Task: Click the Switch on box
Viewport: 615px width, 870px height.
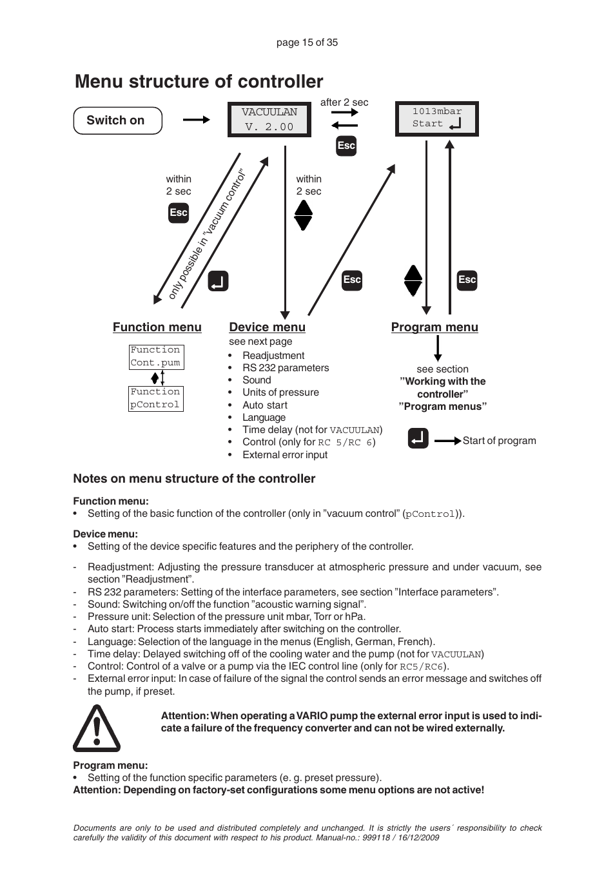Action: pos(117,121)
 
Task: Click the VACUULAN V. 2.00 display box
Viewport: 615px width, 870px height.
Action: pos(269,120)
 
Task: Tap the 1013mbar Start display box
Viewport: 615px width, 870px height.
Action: pos(436,119)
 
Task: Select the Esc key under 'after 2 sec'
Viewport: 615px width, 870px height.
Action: pos(346,146)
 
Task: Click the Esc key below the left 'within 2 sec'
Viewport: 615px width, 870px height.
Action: pos(179,213)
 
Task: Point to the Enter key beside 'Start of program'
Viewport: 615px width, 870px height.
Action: pos(418,439)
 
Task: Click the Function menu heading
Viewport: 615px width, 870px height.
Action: pos(157,327)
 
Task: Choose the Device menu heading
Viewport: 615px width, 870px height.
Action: pos(267,327)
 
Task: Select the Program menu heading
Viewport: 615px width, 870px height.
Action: pos(434,327)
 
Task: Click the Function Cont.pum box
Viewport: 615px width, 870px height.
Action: pos(156,357)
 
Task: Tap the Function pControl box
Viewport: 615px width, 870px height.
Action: pos(156,398)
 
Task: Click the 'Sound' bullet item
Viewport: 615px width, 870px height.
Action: pos(257,380)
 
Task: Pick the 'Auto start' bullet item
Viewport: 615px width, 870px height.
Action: pos(265,405)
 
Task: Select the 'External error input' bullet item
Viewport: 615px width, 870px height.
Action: pos(285,455)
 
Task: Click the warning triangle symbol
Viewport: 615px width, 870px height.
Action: pos(97,729)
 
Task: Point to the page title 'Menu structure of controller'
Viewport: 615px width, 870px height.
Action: pos(199,82)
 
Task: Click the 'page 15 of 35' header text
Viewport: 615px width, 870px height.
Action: pos(307,43)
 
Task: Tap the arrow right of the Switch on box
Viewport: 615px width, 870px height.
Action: pos(196,120)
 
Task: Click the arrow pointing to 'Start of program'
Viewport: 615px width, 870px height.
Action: pos(447,441)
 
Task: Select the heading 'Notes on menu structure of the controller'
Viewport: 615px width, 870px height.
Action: pos(194,479)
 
